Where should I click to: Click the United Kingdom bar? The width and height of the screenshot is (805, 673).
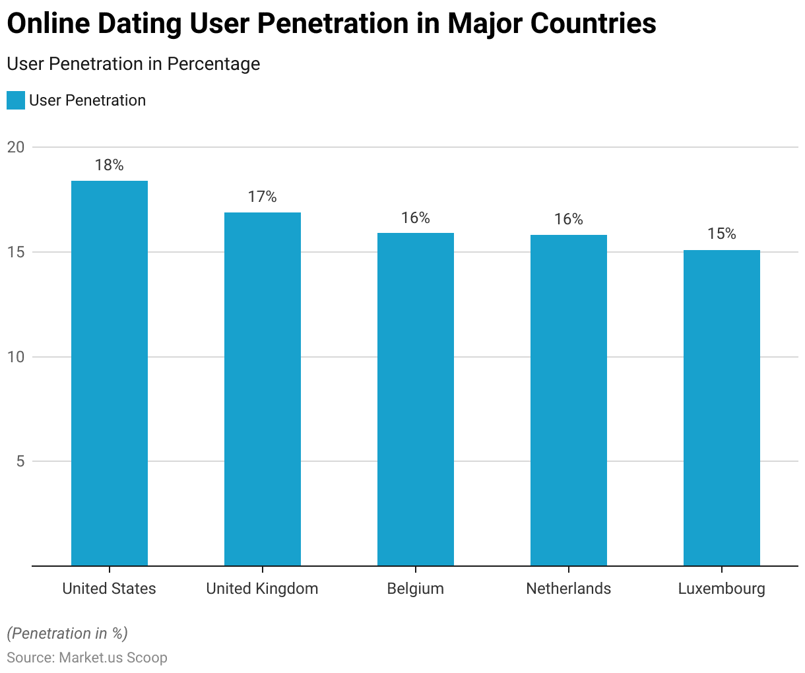pyautogui.click(x=263, y=389)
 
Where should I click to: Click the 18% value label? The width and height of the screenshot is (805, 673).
pyautogui.click(x=110, y=165)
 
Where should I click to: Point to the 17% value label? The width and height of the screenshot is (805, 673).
pyautogui.click(x=263, y=197)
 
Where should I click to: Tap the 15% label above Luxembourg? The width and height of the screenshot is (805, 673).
pyautogui.click(x=722, y=234)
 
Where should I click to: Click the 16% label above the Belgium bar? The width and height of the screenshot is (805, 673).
pyautogui.click(x=416, y=218)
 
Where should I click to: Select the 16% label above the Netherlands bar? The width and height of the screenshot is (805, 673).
pyautogui.click(x=569, y=219)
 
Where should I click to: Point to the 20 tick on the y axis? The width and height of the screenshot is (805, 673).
pyautogui.click(x=16, y=147)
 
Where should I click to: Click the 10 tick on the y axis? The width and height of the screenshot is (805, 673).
pyautogui.click(x=16, y=357)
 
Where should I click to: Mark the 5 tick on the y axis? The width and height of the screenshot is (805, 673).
pyautogui.click(x=20, y=461)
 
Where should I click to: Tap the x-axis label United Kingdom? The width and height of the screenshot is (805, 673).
pyautogui.click(x=263, y=589)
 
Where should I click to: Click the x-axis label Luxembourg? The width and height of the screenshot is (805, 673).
pyautogui.click(x=722, y=589)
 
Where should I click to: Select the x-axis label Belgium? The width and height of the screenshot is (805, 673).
pyautogui.click(x=416, y=589)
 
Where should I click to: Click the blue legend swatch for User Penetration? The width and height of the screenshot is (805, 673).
pyautogui.click(x=16, y=100)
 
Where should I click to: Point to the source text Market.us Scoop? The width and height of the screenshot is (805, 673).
pyautogui.click(x=113, y=658)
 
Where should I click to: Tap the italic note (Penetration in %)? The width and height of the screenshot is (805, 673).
pyautogui.click(x=67, y=633)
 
